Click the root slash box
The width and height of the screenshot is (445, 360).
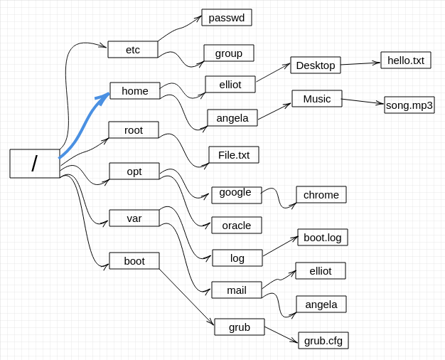click(35, 164)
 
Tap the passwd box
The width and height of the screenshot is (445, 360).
click(227, 18)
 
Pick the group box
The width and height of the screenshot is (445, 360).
click(229, 53)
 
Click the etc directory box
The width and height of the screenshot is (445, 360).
click(132, 49)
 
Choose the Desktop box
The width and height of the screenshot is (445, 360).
click(316, 65)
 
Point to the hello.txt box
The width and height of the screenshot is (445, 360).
click(406, 60)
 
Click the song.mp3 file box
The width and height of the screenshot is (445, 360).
click(409, 105)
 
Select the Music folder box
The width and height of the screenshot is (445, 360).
click(317, 99)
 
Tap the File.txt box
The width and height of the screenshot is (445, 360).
click(234, 155)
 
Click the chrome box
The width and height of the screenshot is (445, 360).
click(321, 195)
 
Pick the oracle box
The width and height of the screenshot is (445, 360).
click(237, 226)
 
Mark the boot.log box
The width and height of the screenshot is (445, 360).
click(323, 237)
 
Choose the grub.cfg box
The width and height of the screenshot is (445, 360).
click(323, 340)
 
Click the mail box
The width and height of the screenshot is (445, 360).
click(237, 290)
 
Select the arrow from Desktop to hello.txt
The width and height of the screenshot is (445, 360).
click(360, 63)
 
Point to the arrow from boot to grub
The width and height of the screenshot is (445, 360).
click(186, 297)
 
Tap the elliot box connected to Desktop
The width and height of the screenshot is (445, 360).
click(230, 85)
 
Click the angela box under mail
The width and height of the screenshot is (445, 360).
click(321, 305)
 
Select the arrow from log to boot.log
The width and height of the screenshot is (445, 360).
click(280, 246)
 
